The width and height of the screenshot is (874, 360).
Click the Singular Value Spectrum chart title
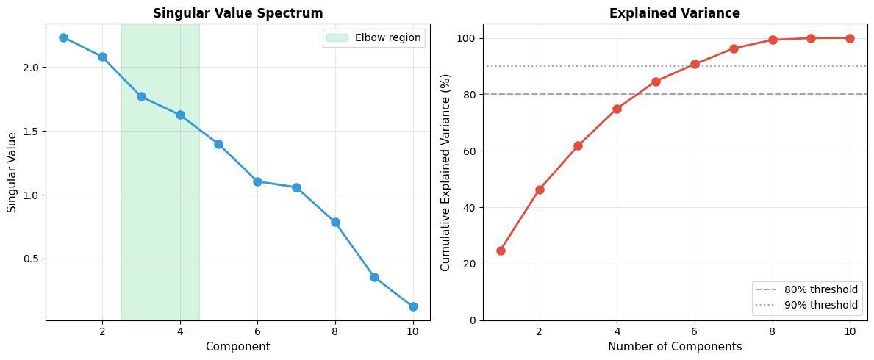(237, 13)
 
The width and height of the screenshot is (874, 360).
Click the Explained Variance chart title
(674, 13)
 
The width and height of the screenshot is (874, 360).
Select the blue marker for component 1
(63, 37)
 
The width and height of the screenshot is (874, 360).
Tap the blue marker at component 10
(413, 306)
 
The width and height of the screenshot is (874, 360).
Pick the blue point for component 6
(257, 181)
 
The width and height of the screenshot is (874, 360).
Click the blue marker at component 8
(335, 222)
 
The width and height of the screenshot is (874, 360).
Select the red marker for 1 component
(501, 251)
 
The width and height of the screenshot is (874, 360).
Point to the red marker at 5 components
(656, 82)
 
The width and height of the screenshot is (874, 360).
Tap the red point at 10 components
(850, 38)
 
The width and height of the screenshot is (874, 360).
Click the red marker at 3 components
(578, 145)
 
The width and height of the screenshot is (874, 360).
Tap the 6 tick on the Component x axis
(257, 331)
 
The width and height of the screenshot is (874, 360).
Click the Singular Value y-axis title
(12, 173)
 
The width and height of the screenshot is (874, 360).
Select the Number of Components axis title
(674, 347)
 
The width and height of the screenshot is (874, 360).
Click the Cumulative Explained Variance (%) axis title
(445, 173)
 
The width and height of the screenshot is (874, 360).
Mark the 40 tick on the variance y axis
(470, 208)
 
